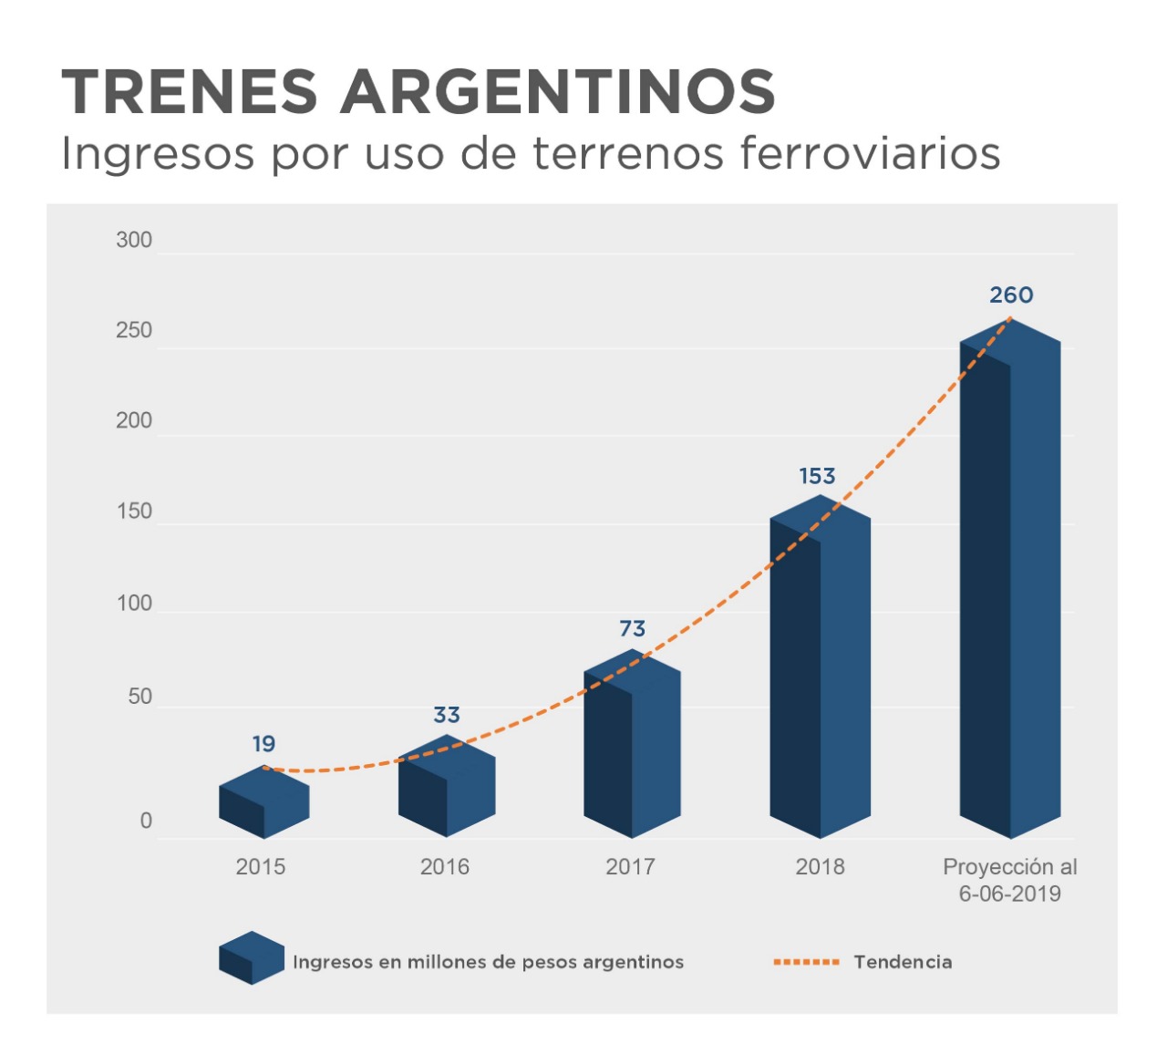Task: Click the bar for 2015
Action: (264, 803)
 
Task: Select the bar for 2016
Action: (447, 788)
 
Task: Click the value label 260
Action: (1011, 295)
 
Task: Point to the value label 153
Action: (817, 476)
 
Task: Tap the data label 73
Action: (632, 629)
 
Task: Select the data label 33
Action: (447, 715)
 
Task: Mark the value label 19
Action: (263, 744)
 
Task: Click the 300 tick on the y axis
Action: (134, 241)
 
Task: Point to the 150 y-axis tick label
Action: (134, 511)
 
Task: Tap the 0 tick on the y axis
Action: (146, 821)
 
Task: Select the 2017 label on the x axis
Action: (630, 866)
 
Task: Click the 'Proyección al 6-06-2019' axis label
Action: (1009, 880)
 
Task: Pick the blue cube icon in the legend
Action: (252, 957)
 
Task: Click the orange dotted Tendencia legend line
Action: (806, 962)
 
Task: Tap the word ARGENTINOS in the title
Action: (557, 92)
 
